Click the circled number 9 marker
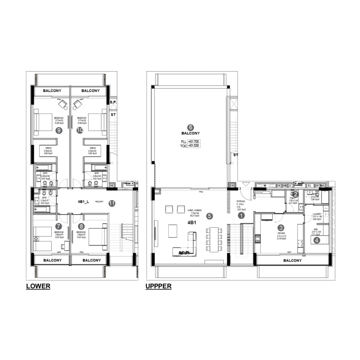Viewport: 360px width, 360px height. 58,130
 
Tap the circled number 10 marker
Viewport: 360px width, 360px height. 80,130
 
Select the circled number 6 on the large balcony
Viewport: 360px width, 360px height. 190,127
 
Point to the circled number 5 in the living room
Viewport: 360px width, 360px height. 209,216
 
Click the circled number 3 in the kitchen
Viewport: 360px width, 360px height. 280,228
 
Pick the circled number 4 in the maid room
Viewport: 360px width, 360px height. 317,240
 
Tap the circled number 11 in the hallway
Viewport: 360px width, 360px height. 112,203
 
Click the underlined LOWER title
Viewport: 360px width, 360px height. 38,286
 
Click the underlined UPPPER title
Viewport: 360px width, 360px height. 158,286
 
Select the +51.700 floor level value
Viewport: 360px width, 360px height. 193,142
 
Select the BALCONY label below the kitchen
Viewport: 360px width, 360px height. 292,261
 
